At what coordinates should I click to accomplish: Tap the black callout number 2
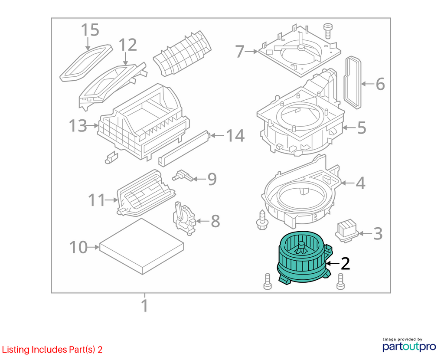[x=345, y=264]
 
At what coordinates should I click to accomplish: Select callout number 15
[x=90, y=30]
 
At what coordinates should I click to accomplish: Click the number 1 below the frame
[x=145, y=306]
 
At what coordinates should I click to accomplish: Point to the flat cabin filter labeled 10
[x=142, y=246]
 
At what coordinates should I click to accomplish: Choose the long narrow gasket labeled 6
[x=353, y=82]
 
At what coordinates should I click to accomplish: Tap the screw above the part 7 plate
[x=328, y=31]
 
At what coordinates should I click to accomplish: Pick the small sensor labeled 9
[x=183, y=176]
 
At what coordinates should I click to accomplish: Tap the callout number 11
[x=97, y=200]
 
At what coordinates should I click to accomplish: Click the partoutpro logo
[x=409, y=344]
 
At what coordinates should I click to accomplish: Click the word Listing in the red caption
[x=16, y=350]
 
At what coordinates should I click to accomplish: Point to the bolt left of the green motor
[x=267, y=281]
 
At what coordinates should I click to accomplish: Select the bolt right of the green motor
[x=341, y=281]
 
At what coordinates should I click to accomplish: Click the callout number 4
[x=360, y=183]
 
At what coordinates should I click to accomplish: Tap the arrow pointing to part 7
[x=251, y=51]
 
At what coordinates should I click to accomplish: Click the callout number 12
[x=128, y=45]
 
